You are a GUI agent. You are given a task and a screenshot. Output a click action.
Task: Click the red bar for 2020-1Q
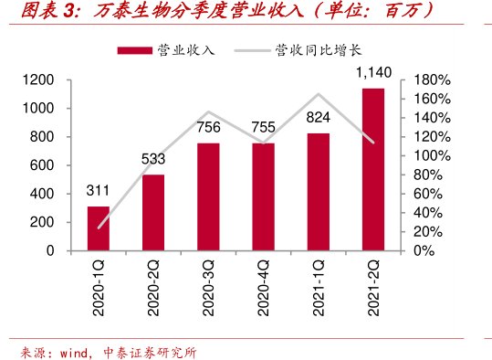[98, 228]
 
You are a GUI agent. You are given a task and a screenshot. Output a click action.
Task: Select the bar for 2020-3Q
[207, 196]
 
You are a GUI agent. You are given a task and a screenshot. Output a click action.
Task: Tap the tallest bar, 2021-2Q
[372, 169]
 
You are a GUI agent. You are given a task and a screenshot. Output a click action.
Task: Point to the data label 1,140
[372, 72]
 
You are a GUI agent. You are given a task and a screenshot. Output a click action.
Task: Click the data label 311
[98, 191]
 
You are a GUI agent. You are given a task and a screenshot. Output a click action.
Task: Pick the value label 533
[153, 159]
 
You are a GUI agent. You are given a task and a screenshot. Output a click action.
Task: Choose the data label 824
[318, 117]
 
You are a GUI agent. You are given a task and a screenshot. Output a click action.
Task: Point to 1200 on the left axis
[40, 80]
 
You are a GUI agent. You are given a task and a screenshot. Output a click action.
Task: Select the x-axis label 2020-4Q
[263, 288]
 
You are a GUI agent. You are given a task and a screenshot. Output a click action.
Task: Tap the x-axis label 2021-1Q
[318, 288]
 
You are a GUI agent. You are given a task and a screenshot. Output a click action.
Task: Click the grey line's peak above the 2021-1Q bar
[318, 94]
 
